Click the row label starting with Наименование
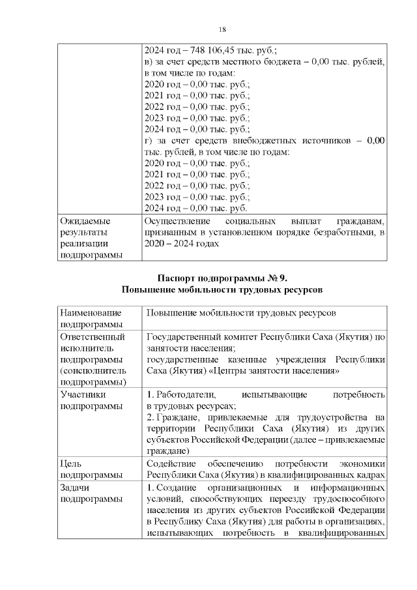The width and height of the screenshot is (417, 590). pyautogui.click(x=91, y=313)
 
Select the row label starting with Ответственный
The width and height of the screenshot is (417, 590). pyautogui.click(x=92, y=337)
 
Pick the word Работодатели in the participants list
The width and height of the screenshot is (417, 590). pyautogui.click(x=185, y=394)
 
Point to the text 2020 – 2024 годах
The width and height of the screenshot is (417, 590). pyautogui.click(x=180, y=244)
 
